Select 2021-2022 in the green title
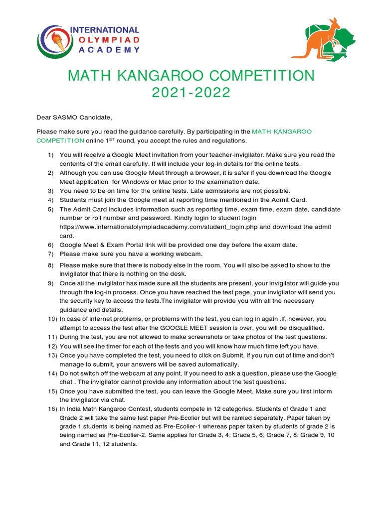pyautogui.click(x=191, y=93)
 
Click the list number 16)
pyautogui.click(x=52, y=409)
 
